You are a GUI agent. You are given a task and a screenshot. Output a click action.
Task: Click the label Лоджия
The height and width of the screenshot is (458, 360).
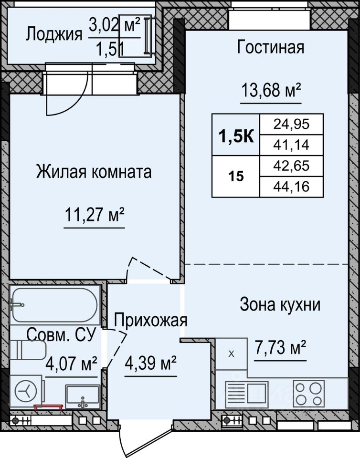click(54, 34)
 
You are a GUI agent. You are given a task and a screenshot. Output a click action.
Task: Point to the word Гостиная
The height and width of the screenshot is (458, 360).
click(270, 47)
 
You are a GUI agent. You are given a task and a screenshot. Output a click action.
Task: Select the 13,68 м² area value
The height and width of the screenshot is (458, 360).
click(271, 90)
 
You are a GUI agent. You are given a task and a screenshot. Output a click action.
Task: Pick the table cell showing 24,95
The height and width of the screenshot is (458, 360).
click(291, 125)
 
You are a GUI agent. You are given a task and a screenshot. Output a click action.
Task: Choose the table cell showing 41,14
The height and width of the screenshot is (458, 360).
click(291, 145)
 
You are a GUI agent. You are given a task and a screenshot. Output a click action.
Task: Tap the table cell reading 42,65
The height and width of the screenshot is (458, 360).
click(291, 166)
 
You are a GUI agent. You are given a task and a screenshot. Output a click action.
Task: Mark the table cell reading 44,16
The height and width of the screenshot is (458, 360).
click(291, 187)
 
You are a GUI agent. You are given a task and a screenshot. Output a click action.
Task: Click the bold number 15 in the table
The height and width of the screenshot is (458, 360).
click(236, 177)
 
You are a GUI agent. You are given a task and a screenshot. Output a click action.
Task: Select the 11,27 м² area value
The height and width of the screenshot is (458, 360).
click(95, 215)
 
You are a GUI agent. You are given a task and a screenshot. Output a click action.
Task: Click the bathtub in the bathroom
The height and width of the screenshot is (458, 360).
click(55, 305)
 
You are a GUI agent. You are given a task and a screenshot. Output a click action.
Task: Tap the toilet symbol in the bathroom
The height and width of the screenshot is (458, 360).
click(28, 350)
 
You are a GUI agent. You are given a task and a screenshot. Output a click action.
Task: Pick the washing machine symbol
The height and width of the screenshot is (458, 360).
click(27, 391)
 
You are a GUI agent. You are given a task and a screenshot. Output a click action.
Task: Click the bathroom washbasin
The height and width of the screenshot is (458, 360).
click(83, 397)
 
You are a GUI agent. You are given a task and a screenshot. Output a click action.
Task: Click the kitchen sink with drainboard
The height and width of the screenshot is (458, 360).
click(247, 394)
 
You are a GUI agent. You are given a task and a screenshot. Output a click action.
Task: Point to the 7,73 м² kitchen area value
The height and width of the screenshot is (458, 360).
click(280, 348)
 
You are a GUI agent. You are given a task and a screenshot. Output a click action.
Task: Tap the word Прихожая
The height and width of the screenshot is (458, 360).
click(150, 321)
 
